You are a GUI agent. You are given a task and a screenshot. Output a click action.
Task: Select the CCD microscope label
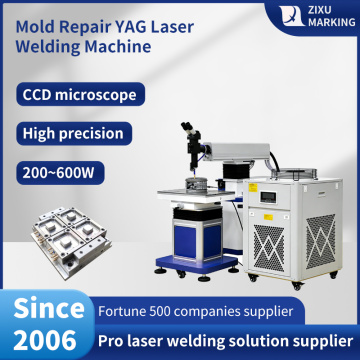click(77, 96)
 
